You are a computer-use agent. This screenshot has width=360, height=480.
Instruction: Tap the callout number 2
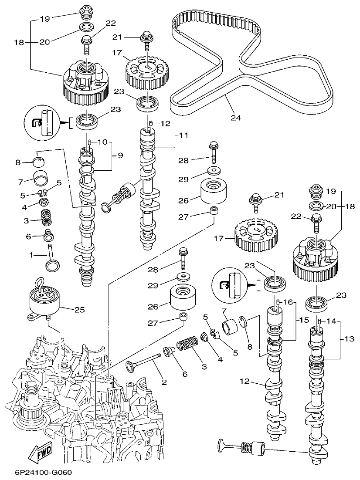click(164, 383)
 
